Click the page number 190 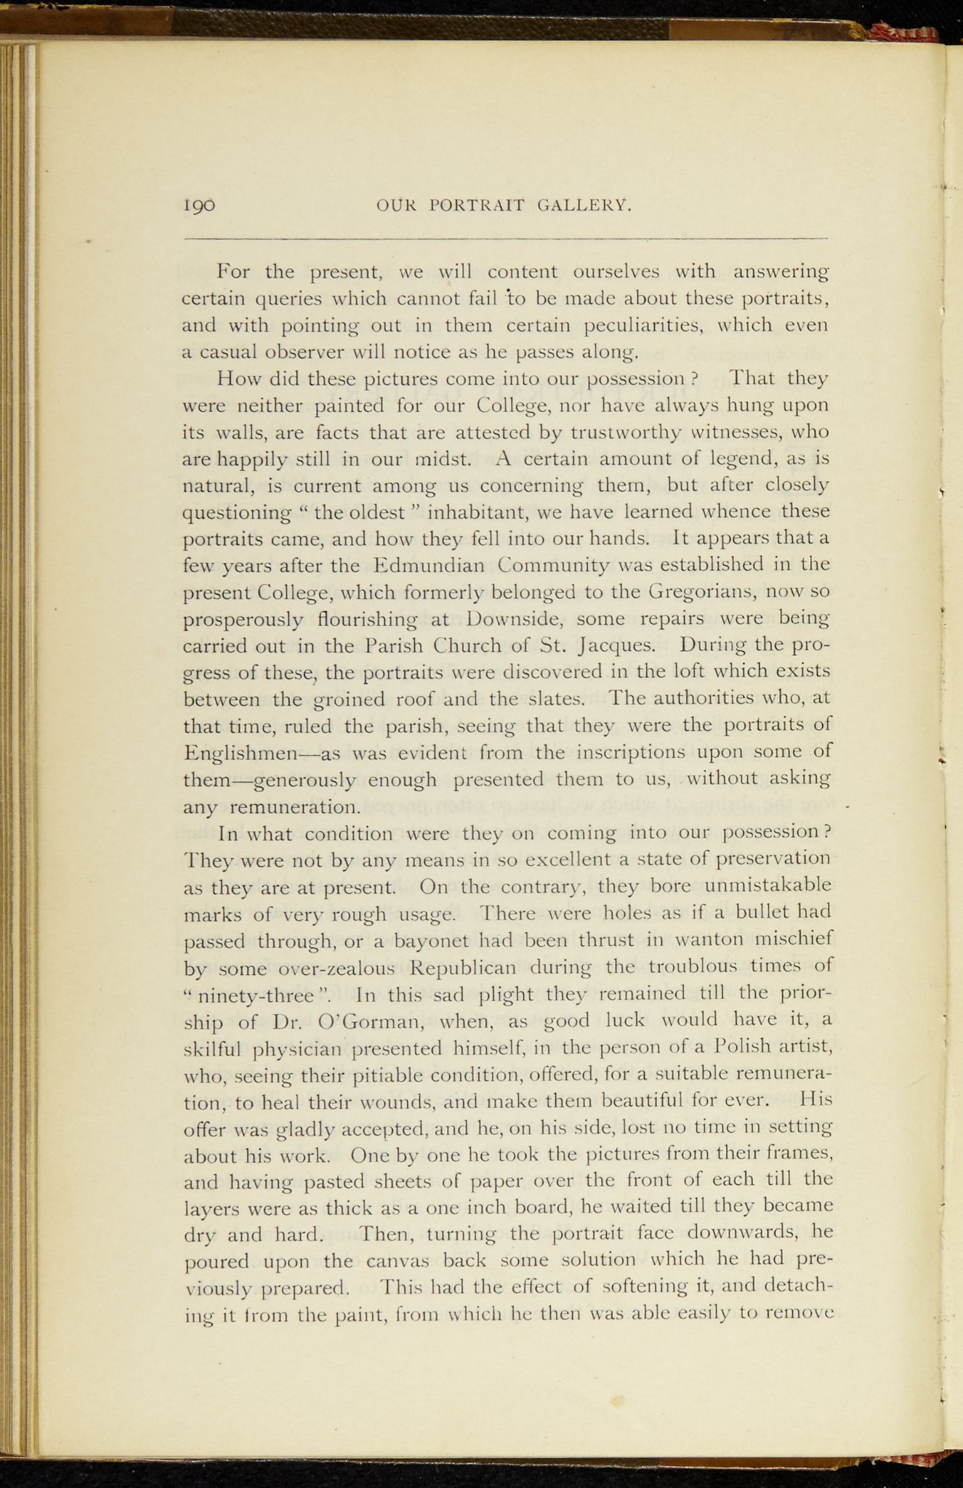(199, 206)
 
